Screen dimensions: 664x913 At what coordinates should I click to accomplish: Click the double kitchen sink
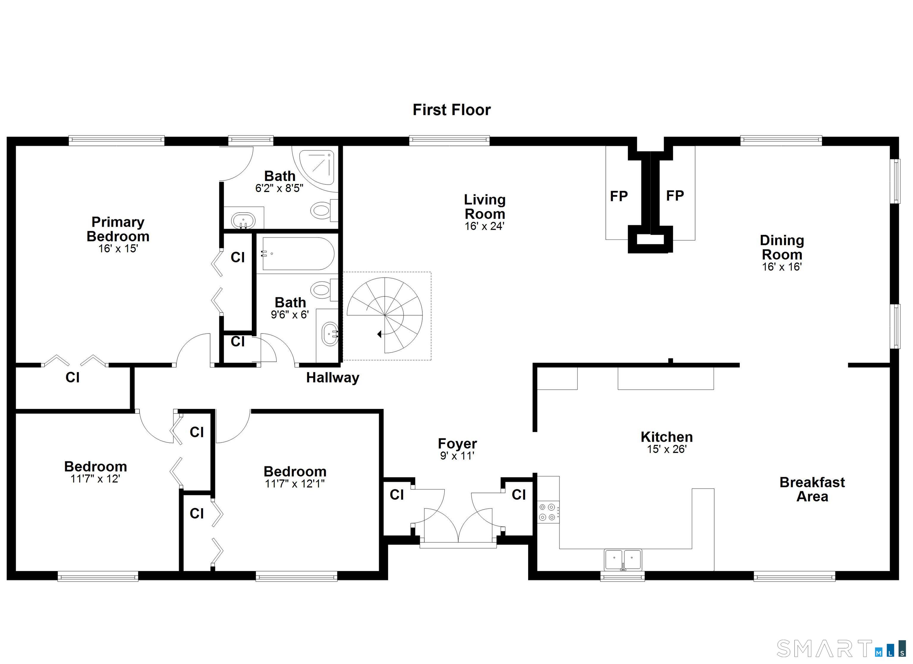click(623, 559)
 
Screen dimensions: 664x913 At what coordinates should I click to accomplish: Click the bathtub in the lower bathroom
click(297, 254)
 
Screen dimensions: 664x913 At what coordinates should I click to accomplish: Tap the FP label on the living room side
click(618, 196)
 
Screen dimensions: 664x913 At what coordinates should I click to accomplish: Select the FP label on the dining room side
click(675, 196)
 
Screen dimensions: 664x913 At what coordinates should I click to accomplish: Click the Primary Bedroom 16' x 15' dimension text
click(118, 248)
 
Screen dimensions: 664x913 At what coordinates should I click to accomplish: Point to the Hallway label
click(333, 378)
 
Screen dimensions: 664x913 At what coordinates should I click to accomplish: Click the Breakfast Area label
click(812, 489)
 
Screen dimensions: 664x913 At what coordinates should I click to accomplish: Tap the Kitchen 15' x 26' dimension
click(667, 449)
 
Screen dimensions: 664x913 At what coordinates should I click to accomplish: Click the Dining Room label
click(782, 247)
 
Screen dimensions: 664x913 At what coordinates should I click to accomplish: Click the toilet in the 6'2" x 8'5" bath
click(322, 210)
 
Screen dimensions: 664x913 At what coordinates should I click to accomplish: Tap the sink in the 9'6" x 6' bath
click(330, 334)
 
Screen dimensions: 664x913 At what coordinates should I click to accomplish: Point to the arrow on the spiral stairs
click(380, 334)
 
